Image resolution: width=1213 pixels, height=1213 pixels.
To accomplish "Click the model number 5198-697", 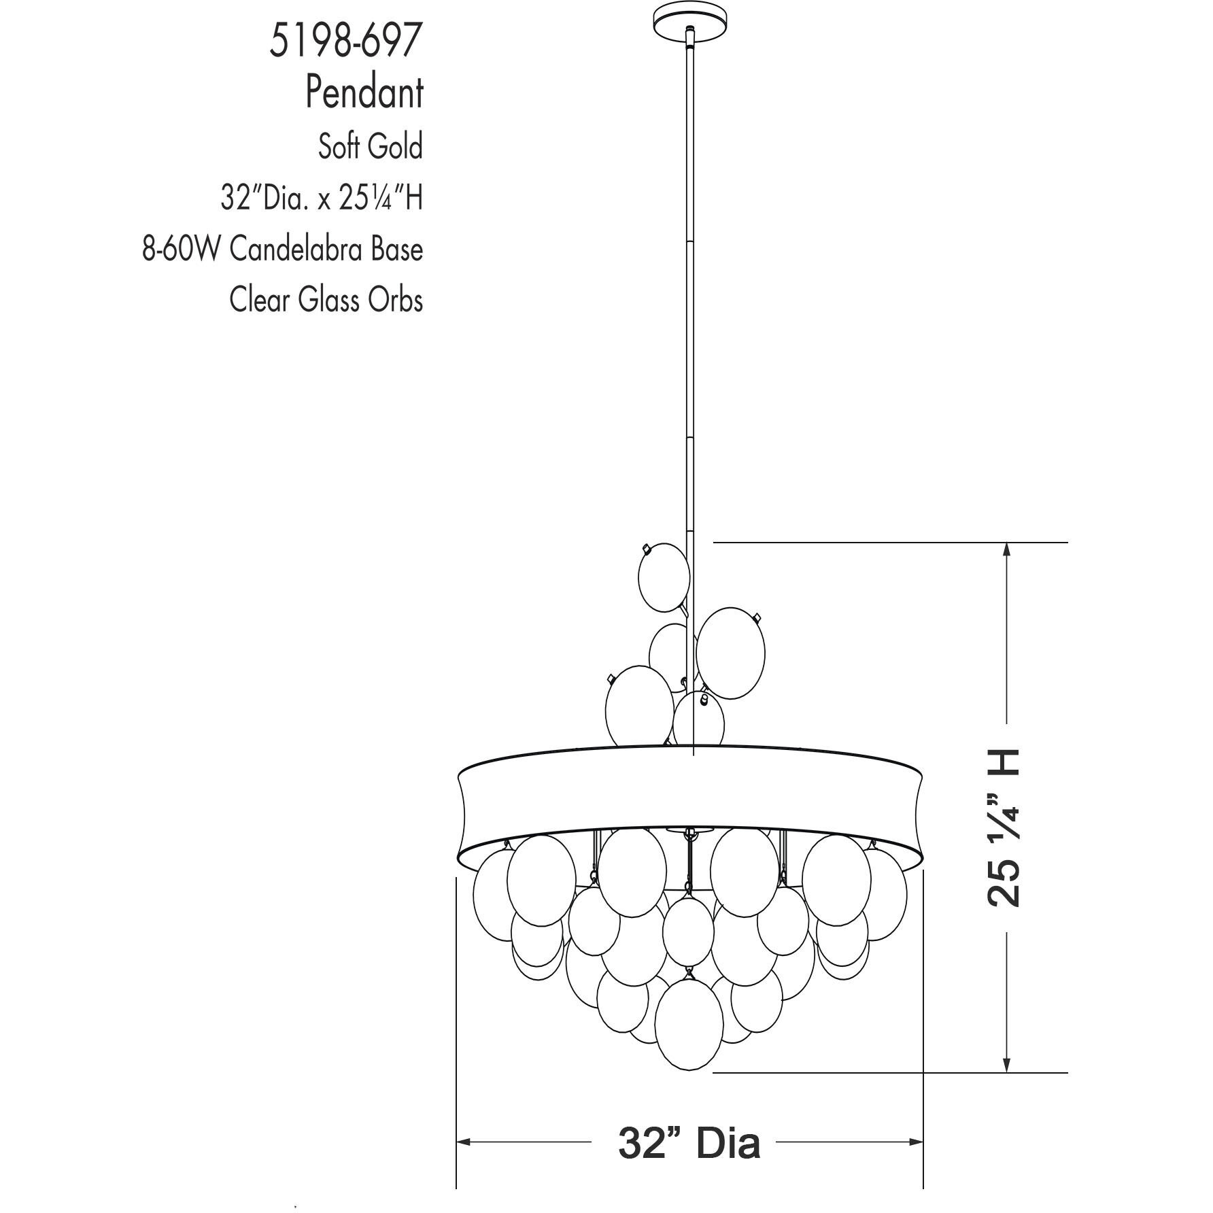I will (x=345, y=41).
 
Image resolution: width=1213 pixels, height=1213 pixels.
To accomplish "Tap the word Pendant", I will (x=364, y=92).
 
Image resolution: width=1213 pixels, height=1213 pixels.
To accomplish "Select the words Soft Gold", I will (x=370, y=146).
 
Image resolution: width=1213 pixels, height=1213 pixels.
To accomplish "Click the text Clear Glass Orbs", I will (x=326, y=300).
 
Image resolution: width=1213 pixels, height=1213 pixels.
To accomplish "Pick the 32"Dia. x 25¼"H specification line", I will (x=321, y=198).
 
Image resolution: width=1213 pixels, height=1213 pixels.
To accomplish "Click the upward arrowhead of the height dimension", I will (x=1006, y=551).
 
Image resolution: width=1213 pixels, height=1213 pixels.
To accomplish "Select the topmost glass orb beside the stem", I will (x=664, y=577).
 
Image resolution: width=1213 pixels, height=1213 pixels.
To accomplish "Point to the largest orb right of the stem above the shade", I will (x=730, y=653).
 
